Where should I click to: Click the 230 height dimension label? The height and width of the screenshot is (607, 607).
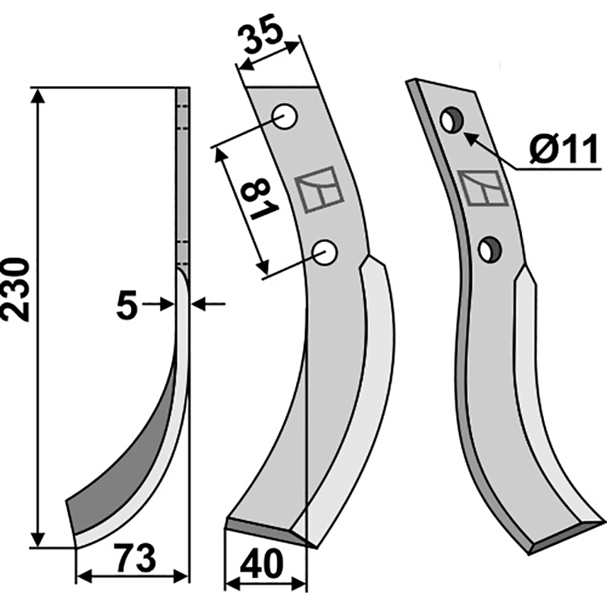(16, 289)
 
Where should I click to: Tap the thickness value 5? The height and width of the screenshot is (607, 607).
(127, 305)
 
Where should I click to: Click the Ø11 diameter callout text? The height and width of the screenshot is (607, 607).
(564, 149)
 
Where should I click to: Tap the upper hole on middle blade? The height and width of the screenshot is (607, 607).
(285, 117)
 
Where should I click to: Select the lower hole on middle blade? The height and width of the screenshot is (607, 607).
(326, 253)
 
